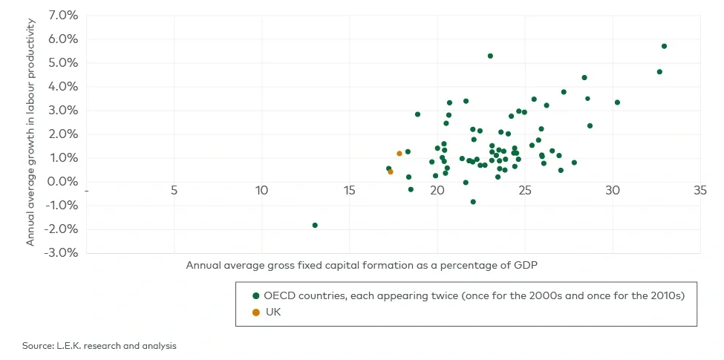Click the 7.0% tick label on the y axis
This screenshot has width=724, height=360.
click(x=63, y=15)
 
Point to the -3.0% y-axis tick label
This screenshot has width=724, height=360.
click(x=62, y=253)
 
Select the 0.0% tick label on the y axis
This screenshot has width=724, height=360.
click(x=63, y=182)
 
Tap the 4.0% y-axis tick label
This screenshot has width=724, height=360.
click(x=63, y=87)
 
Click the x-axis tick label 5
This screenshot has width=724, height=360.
click(x=174, y=191)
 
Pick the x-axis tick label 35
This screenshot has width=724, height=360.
click(x=699, y=191)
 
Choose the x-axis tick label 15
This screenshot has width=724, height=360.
click(x=349, y=191)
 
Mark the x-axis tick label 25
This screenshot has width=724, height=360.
click(x=524, y=191)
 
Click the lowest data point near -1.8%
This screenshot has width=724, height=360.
click(x=315, y=225)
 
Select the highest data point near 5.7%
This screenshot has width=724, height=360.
click(x=664, y=46)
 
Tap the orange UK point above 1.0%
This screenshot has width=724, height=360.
click(x=399, y=154)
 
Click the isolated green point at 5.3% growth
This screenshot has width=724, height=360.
click(x=490, y=56)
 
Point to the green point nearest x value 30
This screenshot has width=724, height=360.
click(x=617, y=102)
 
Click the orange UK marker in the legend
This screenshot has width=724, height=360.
click(x=256, y=312)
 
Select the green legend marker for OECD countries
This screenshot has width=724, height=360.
click(x=256, y=295)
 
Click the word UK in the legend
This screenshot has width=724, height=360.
click(x=273, y=312)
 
